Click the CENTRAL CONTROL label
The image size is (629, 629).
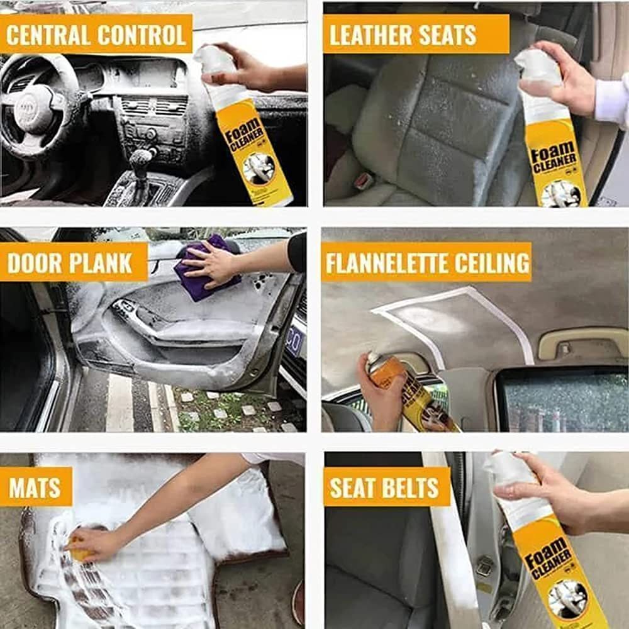96,35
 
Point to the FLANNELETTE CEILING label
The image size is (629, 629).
426,262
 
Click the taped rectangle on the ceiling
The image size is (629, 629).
453,324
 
